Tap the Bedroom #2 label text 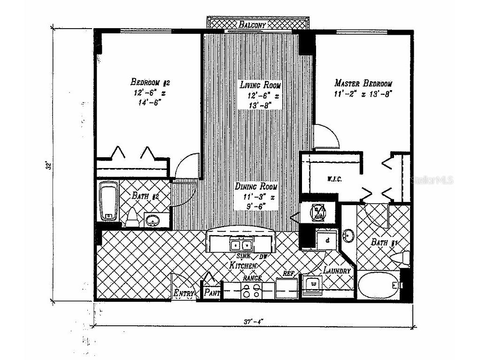pyautogui.click(x=150, y=83)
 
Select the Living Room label pyautogui.click(x=260, y=85)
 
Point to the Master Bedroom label pyautogui.click(x=363, y=84)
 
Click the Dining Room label pyautogui.click(x=256, y=186)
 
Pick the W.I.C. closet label pyautogui.click(x=334, y=179)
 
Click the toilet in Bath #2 pyautogui.click(x=132, y=217)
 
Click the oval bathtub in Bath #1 pyautogui.click(x=379, y=284)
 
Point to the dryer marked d pyautogui.click(x=326, y=240)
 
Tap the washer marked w pyautogui.click(x=313, y=284)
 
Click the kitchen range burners pyautogui.click(x=251, y=291)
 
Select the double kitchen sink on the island pyautogui.click(x=241, y=244)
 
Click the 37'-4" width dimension pyautogui.click(x=254, y=322)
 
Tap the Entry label pyautogui.click(x=184, y=293)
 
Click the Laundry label pyautogui.click(x=337, y=271)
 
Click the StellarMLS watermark pyautogui.click(x=433, y=180)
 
